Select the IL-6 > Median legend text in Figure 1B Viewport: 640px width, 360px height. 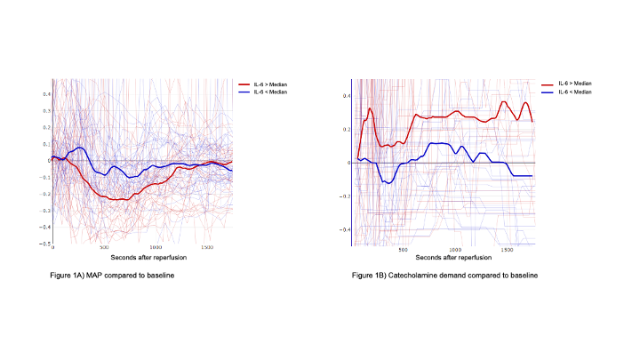(575, 83)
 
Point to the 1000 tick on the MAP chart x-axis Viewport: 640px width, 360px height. (156, 247)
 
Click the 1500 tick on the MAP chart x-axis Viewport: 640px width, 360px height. (207, 247)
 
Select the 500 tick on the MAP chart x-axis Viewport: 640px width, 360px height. (104, 247)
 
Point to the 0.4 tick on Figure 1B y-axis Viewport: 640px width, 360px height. (348, 96)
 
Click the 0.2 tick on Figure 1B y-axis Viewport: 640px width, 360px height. (348, 130)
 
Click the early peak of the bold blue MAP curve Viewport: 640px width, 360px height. (78, 148)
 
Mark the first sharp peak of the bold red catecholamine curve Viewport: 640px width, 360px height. (370, 108)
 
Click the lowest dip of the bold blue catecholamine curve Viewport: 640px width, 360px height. (388, 182)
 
